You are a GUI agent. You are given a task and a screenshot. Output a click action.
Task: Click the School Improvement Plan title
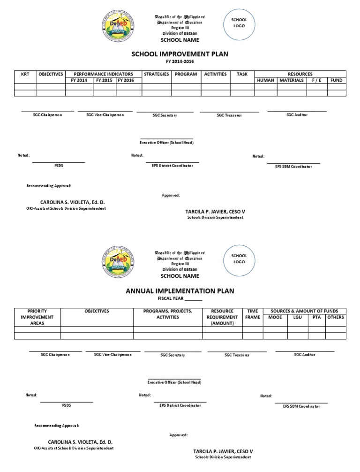pyautogui.click(x=180, y=54)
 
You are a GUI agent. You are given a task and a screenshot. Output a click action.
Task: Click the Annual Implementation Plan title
pyautogui.click(x=180, y=291)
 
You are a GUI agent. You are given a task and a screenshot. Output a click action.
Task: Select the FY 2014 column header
pyautogui.click(x=79, y=80)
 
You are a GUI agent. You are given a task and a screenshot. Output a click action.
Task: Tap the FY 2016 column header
pyautogui.click(x=126, y=80)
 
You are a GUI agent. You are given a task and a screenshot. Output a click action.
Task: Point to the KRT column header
pyautogui.click(x=25, y=74)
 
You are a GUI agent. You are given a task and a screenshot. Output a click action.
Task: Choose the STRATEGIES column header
pyautogui.click(x=157, y=74)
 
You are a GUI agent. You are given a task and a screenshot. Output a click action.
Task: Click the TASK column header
pyautogui.click(x=242, y=74)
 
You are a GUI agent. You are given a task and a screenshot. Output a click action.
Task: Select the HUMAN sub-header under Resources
pyautogui.click(x=265, y=80)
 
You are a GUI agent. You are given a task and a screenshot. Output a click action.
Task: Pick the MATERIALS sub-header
pyautogui.click(x=292, y=80)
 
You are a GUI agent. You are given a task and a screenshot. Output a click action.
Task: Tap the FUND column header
pyautogui.click(x=336, y=80)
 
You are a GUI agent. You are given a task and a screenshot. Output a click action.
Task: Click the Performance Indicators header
pyautogui.click(x=103, y=74)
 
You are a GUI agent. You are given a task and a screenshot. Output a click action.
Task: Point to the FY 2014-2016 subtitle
pyautogui.click(x=180, y=61)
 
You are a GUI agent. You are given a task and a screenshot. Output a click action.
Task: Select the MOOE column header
pyautogui.click(x=275, y=317)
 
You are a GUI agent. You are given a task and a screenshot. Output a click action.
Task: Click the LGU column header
pyautogui.click(x=298, y=317)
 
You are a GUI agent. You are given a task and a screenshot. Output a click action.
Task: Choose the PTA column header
pyautogui.click(x=317, y=317)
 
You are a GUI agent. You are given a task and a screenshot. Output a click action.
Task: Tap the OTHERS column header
pyautogui.click(x=336, y=317)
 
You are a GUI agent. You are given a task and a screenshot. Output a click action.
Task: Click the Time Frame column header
pyautogui.click(x=252, y=314)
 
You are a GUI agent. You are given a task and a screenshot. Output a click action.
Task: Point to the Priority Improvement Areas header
pyautogui.click(x=37, y=317)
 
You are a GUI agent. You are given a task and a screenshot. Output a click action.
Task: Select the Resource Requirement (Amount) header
pyautogui.click(x=222, y=317)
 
